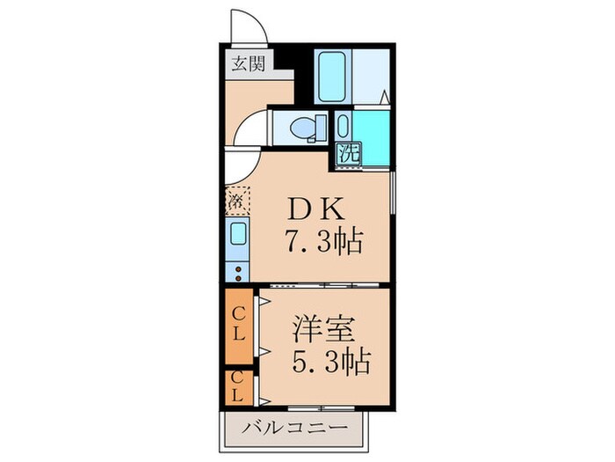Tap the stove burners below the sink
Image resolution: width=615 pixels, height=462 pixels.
click(x=239, y=269)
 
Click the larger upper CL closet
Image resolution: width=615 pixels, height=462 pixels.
click(x=238, y=325)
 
